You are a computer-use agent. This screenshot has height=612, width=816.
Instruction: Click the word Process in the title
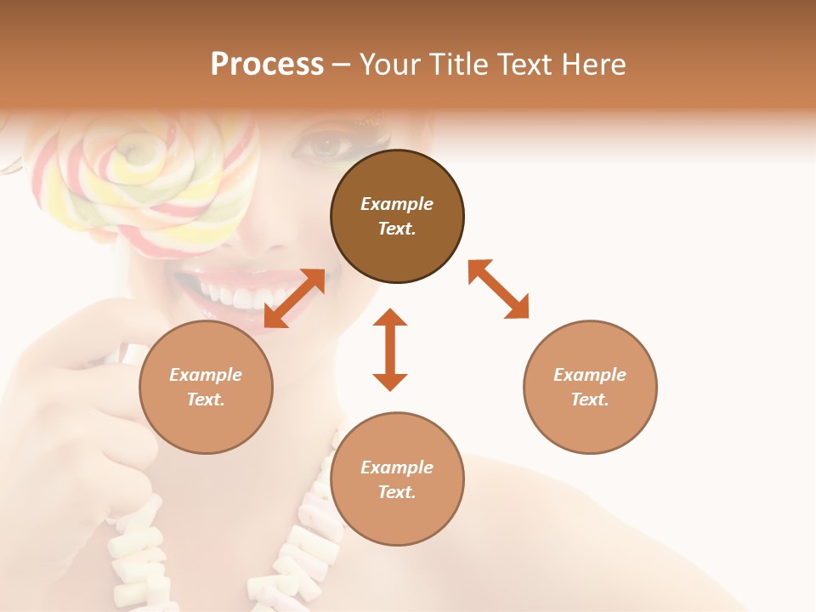pyautogui.click(x=267, y=65)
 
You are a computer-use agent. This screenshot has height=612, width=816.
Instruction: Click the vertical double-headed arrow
pyautogui.click(x=390, y=349)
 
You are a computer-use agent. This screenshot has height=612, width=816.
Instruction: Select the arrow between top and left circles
pyautogui.click(x=294, y=298)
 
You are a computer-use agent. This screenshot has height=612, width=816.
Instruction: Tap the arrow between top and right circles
pyautogui.click(x=499, y=290)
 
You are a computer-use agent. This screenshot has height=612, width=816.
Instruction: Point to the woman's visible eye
pyautogui.click(x=325, y=147)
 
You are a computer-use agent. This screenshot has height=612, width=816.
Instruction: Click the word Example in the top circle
pyautogui.click(x=397, y=204)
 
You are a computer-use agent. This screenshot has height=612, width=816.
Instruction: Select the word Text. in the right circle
pyautogui.click(x=590, y=399)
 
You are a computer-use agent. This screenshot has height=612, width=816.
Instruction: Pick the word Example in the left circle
pyautogui.click(x=206, y=375)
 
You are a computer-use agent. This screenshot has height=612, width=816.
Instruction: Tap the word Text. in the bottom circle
pyautogui.click(x=397, y=492)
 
